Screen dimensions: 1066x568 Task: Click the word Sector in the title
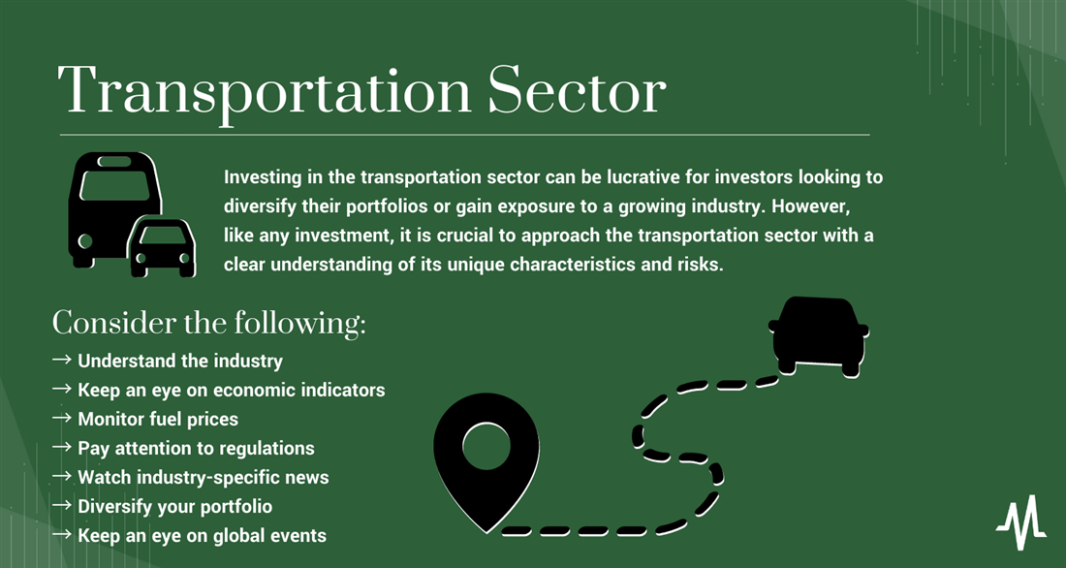577,91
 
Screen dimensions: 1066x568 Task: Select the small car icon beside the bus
162,247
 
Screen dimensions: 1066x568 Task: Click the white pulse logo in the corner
1021,521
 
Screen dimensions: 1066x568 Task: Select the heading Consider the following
208,323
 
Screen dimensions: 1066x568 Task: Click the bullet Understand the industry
180,361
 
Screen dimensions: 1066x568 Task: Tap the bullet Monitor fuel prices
158,419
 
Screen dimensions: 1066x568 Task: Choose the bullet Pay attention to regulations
196,448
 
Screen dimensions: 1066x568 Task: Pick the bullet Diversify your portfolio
174,507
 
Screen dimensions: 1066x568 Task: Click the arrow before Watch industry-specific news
62,476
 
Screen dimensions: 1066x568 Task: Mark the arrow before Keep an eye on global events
62,535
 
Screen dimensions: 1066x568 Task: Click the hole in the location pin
486,447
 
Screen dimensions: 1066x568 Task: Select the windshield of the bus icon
114,185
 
